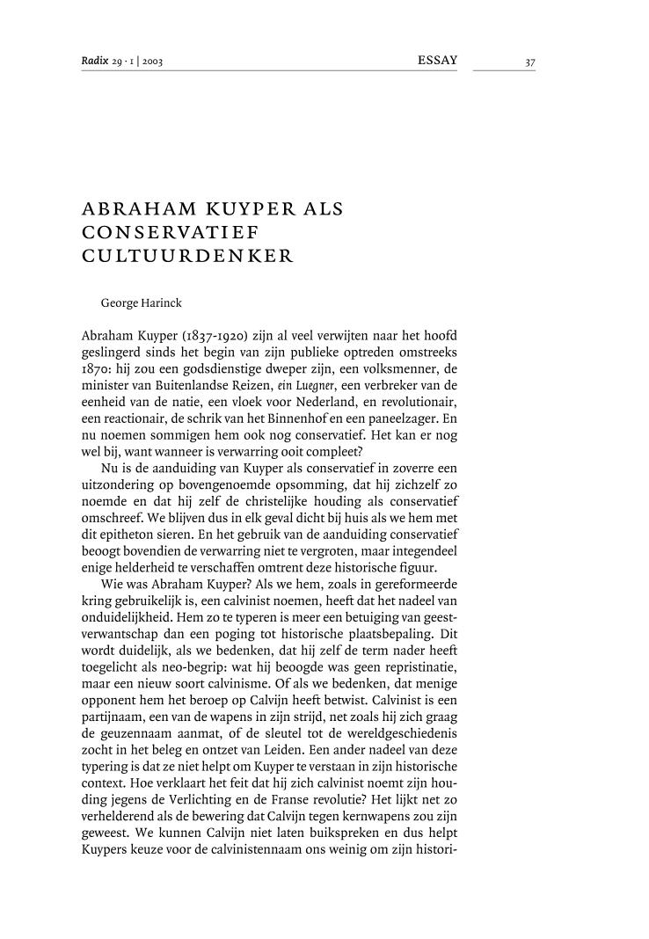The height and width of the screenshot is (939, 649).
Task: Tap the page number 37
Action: point(529,62)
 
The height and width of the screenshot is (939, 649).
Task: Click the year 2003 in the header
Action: point(150,62)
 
